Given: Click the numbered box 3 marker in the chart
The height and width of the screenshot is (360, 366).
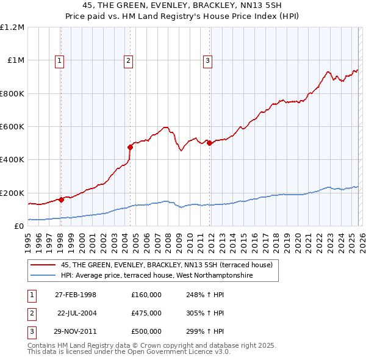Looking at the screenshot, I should click(208, 60).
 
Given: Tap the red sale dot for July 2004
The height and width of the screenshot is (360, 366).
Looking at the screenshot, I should click(130, 147).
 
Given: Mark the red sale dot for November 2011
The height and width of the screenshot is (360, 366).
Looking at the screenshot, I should click(209, 143).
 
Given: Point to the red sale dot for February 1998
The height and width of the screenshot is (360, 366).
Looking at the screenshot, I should click(61, 200).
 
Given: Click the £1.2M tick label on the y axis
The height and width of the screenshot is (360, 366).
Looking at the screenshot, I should click(12, 27).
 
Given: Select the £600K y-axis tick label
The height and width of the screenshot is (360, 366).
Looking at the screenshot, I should click(12, 127).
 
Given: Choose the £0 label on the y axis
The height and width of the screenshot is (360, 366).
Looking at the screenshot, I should click(19, 226).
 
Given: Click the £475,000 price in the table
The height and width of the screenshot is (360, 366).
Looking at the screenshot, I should click(146, 313).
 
